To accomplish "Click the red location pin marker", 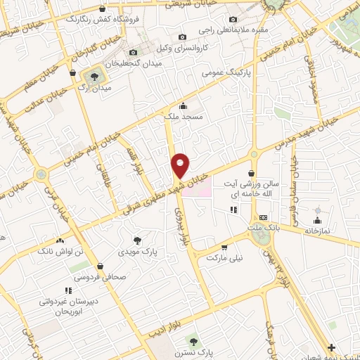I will pyautogui.click(x=181, y=165).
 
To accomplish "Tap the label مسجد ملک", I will pyautogui.click(x=184, y=117).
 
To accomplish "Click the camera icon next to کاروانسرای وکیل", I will pyautogui.click(x=182, y=37).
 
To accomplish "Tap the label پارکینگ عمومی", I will pyautogui.click(x=223, y=72).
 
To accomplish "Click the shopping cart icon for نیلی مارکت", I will pyautogui.click(x=224, y=247).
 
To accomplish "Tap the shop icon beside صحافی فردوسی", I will pyautogui.click(x=101, y=266).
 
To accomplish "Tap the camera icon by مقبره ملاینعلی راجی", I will pyautogui.click(x=233, y=19).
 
